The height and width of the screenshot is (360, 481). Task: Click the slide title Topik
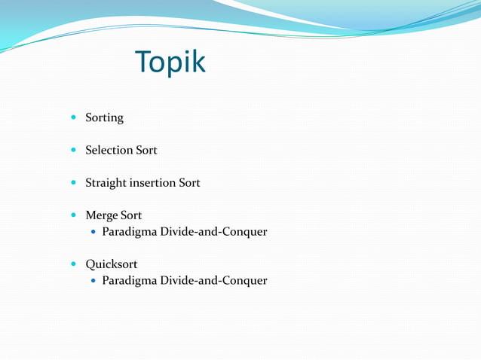coord(170,63)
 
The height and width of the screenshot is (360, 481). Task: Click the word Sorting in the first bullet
coord(104,118)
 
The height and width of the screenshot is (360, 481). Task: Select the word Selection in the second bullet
coord(109,151)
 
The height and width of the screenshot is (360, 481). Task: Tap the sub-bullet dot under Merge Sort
coord(93,233)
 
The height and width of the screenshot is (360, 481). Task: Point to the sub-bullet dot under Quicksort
coord(93,282)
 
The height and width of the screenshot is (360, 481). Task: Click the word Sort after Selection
coord(146,151)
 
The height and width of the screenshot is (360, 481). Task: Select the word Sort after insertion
coord(189,183)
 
